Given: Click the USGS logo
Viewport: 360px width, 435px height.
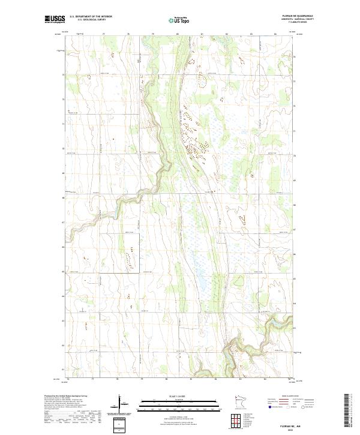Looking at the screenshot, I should tap(55, 20).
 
